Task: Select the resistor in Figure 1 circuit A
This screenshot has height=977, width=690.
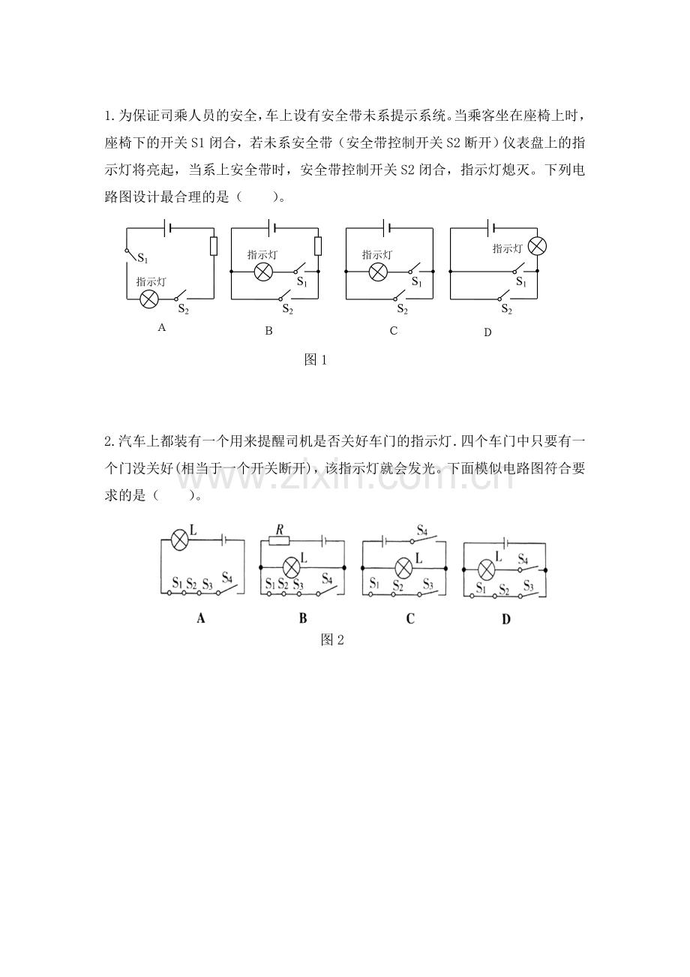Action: tap(214, 246)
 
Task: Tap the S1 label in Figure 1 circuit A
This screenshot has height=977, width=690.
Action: tap(142, 259)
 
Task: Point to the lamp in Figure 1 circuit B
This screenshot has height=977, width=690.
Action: tap(263, 271)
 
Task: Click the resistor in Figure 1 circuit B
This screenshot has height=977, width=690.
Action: tap(318, 246)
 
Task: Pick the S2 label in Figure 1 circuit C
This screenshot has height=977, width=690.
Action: tap(402, 308)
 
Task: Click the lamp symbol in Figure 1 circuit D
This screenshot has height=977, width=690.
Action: tap(537, 246)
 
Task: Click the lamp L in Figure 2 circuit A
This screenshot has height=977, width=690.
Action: tap(179, 540)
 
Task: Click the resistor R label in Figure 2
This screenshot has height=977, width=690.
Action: tap(279, 531)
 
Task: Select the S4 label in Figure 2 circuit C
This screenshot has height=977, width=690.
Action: tap(422, 530)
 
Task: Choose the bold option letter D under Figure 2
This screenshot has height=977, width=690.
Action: tap(505, 619)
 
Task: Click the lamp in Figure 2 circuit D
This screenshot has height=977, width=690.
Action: tap(486, 570)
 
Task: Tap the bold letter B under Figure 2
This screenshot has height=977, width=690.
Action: tap(302, 619)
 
